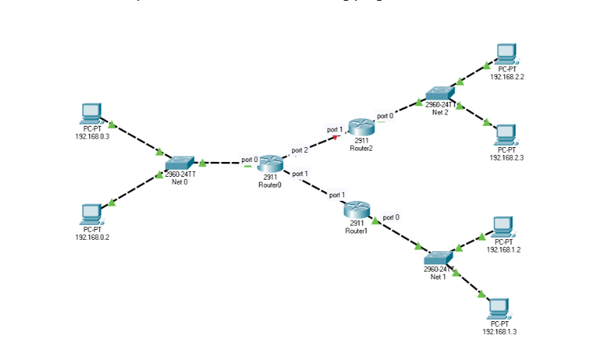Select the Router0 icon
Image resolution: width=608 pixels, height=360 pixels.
tap(270, 164)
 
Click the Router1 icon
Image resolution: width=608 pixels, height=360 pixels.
tap(356, 210)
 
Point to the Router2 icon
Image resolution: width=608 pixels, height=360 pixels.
tap(361, 127)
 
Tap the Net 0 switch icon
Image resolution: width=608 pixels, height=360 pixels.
tap(180, 163)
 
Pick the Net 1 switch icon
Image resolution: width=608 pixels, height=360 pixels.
tap(438, 258)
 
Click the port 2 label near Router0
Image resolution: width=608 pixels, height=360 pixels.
tap(300, 150)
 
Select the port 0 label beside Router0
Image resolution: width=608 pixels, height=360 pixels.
tap(250, 159)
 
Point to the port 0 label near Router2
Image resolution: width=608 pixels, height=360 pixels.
tap(385, 115)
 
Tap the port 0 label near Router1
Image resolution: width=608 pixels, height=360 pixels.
tap(391, 217)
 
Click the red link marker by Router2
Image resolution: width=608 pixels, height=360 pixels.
tap(335, 137)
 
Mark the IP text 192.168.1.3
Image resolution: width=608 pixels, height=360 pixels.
tap(500, 331)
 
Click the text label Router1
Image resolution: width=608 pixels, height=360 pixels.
tap(356, 231)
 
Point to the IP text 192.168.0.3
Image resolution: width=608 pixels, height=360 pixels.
tap(93, 135)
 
